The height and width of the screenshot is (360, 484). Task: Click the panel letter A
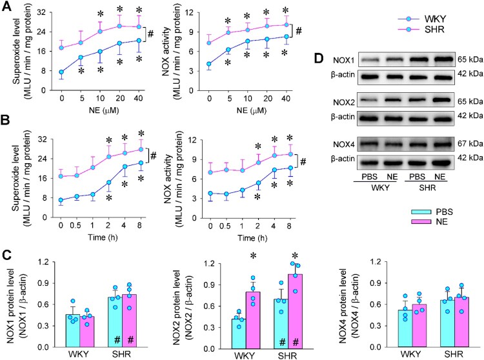click(x=6, y=6)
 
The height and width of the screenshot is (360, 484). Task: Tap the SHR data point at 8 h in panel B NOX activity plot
click(x=290, y=154)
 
